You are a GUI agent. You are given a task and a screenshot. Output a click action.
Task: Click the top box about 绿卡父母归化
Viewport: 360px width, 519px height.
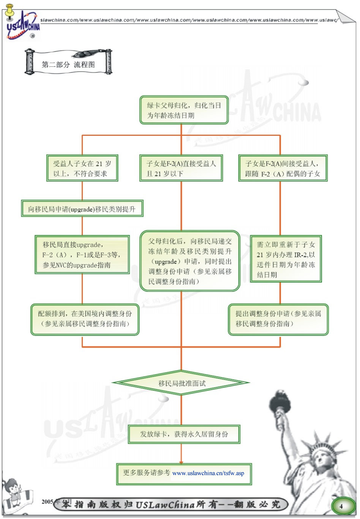tap(184, 110)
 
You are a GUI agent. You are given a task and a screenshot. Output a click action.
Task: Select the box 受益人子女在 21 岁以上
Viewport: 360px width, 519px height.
tap(82, 168)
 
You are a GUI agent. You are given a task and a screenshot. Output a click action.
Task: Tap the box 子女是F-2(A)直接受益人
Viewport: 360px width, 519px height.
tap(181, 168)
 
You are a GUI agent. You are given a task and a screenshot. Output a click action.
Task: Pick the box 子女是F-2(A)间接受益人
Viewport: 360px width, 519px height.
tap(283, 168)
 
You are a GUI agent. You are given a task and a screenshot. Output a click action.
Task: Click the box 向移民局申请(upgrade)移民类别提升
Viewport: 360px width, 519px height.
tap(82, 209)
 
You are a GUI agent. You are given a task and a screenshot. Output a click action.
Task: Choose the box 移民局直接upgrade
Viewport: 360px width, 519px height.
tap(82, 255)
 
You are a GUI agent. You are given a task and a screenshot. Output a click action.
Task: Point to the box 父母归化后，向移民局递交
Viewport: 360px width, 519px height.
tap(190, 261)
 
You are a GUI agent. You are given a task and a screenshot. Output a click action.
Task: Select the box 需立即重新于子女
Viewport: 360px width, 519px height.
tap(286, 259)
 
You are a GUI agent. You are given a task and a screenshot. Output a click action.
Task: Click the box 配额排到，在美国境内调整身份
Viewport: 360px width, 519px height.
tap(85, 319)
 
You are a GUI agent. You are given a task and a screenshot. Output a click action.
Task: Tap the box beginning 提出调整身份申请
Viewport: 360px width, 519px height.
tap(278, 319)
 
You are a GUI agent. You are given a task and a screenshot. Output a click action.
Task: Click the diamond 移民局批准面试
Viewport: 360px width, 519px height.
tap(182, 383)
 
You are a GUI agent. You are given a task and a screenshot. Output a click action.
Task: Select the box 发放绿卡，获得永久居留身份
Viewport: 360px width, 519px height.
tap(184, 434)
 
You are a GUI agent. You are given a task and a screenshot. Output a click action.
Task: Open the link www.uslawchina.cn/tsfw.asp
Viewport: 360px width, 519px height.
tap(208, 473)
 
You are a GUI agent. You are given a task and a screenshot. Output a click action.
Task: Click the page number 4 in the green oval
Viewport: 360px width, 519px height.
tap(341, 506)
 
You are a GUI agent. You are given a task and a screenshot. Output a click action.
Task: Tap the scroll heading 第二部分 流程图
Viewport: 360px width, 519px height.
tap(68, 64)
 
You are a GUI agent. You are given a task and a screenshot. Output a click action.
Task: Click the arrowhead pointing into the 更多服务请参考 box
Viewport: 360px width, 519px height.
tap(181, 462)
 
